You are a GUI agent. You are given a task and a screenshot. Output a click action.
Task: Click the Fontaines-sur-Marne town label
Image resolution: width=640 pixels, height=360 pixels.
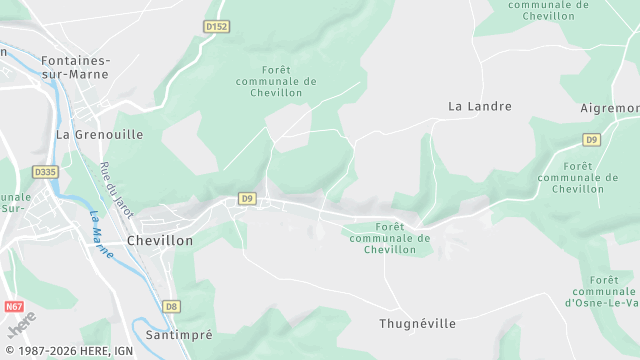click(75, 67)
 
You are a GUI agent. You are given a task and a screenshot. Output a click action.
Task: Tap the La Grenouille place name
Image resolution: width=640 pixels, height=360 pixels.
click(99, 134)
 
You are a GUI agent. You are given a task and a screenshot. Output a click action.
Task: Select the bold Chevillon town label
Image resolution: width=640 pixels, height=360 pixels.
click(160, 241)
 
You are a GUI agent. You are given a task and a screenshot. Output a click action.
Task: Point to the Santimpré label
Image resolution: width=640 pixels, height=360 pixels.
click(179, 335)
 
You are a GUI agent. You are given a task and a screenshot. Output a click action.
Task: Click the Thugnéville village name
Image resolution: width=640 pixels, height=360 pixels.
click(418, 324)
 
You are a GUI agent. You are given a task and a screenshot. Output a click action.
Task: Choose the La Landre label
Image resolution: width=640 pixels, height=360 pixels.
click(480, 106)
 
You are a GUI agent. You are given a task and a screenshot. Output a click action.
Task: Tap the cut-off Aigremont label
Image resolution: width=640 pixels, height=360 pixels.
click(610, 108)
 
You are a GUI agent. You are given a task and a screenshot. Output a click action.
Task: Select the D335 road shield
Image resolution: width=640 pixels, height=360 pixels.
click(45, 172)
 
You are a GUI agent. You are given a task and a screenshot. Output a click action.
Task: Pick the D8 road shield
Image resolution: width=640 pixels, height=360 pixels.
click(172, 306)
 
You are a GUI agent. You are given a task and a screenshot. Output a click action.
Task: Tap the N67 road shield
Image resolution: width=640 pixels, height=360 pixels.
click(14, 306)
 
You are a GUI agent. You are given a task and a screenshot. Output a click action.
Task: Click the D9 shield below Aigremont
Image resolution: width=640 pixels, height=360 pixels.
click(592, 139)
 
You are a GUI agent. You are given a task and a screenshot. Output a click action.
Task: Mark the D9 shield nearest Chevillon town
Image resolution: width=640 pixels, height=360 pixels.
click(247, 199)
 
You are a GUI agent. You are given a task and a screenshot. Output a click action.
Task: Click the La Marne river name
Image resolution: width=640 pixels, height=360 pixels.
click(101, 229)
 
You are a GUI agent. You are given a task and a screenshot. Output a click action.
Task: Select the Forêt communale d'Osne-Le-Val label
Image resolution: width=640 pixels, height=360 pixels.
click(603, 291)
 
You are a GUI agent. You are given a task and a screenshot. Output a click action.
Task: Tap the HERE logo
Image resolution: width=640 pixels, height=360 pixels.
click(21, 324)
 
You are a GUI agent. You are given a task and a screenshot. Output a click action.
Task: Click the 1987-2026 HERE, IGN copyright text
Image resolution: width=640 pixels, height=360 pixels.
click(67, 351)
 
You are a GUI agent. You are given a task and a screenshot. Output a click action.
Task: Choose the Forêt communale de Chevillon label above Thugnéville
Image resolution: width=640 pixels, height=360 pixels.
click(390, 238)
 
